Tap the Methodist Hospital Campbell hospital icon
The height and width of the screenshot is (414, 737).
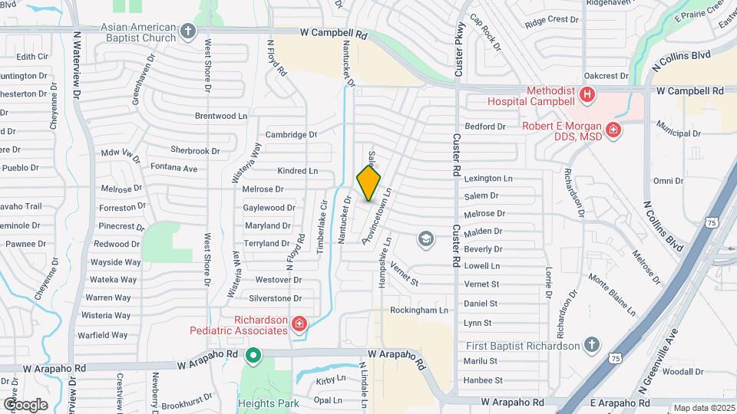click(x=587, y=95)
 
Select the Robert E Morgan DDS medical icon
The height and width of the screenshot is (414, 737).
click(x=613, y=130)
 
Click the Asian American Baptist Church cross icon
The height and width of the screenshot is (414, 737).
click(x=189, y=32)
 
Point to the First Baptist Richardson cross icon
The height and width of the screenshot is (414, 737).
click(x=591, y=345)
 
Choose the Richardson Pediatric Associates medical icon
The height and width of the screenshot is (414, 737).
click(x=299, y=325)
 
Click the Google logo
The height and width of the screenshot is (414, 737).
click(x=25, y=405)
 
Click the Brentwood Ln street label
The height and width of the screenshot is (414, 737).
click(x=221, y=116)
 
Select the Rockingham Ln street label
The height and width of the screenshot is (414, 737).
click(x=418, y=310)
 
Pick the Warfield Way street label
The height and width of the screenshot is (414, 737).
click(x=102, y=335)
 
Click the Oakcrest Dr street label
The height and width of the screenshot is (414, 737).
click(x=606, y=76)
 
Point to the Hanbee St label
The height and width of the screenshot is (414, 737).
click(x=483, y=380)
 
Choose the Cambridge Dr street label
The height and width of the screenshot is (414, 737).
click(x=291, y=134)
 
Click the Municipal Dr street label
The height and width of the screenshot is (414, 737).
click(x=679, y=133)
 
